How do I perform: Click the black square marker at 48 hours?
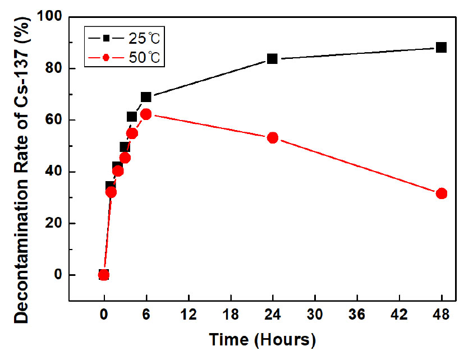[441, 48]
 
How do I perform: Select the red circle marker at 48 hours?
[441, 193]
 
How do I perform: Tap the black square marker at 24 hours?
[272, 58]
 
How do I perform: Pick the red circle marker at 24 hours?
[272, 137]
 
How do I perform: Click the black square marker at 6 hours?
[146, 97]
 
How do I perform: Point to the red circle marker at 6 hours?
[146, 114]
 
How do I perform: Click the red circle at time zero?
[104, 275]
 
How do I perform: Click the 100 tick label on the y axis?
[50, 17]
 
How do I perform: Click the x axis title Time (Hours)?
[261, 340]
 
